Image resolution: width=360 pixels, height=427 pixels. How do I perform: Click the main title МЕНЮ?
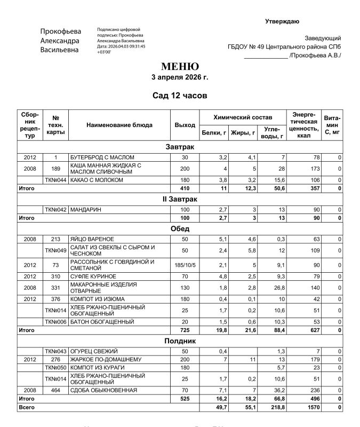point(180,67)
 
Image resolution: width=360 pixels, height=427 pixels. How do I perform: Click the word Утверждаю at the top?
point(282,21)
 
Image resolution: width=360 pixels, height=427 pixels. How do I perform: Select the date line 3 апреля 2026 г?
point(180,77)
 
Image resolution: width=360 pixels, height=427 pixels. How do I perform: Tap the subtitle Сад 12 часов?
point(180,96)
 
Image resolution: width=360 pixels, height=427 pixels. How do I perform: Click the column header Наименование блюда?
point(119,125)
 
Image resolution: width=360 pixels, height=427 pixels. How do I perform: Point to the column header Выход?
point(185,125)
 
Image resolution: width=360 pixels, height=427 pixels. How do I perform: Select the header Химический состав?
point(243,117)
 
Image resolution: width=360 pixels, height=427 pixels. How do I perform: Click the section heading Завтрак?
point(180,147)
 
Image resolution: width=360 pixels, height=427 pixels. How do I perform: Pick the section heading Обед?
point(180,229)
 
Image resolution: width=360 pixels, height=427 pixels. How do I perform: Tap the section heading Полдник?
point(180,341)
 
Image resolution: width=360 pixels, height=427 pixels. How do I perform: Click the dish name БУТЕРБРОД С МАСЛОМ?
point(102,157)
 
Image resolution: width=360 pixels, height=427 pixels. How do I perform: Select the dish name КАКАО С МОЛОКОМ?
point(97,180)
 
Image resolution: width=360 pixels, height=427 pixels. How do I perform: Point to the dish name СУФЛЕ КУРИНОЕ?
point(93,276)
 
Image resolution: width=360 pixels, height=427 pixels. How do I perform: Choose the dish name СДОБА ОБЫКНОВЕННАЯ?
point(103,390)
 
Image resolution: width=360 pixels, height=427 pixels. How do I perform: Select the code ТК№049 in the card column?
point(56,250)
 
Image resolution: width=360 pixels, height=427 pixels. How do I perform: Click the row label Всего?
point(26,408)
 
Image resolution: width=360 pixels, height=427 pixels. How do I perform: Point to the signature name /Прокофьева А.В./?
point(315,56)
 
